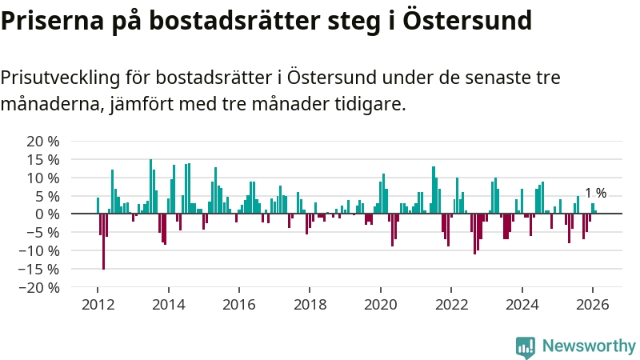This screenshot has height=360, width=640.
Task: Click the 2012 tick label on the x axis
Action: (98, 305)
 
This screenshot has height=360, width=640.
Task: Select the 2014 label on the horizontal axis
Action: (168, 305)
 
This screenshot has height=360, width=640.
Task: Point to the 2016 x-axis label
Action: (239, 305)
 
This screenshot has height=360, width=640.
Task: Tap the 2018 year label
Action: (310, 305)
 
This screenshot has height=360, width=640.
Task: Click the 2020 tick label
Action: (380, 305)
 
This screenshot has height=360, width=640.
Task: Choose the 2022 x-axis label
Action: (451, 305)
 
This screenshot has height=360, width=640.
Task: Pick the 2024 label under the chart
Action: (522, 305)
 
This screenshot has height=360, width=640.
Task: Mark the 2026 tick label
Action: (593, 305)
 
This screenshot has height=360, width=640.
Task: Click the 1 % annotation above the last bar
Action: (595, 193)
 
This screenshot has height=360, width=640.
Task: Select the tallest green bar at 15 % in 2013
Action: (150, 186)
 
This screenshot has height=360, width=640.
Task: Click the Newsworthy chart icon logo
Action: (526, 346)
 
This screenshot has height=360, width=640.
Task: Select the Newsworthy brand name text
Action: (589, 346)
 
